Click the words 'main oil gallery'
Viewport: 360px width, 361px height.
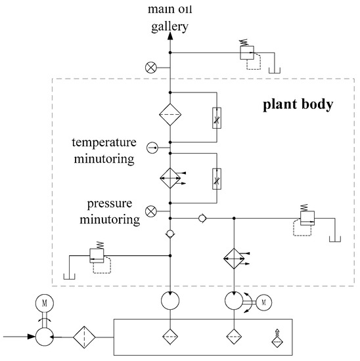pos(170,17)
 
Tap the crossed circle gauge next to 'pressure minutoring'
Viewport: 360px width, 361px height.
pos(151,211)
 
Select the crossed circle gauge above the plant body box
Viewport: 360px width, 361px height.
pos(151,66)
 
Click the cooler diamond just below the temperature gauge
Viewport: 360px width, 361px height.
pos(170,177)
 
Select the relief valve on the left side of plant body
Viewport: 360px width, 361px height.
pos(97,255)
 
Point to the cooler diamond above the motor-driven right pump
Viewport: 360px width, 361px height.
pos(234,257)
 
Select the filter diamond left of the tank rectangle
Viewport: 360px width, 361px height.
pos(85,337)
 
